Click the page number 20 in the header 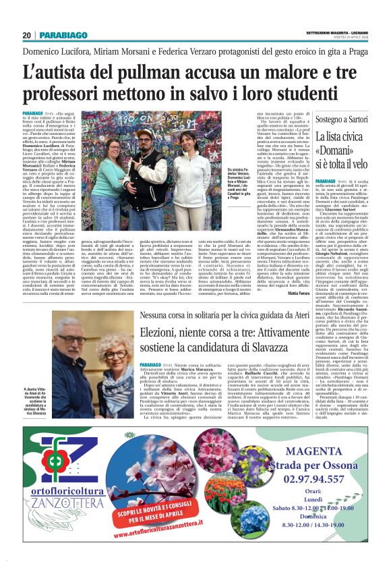point(27,35)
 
